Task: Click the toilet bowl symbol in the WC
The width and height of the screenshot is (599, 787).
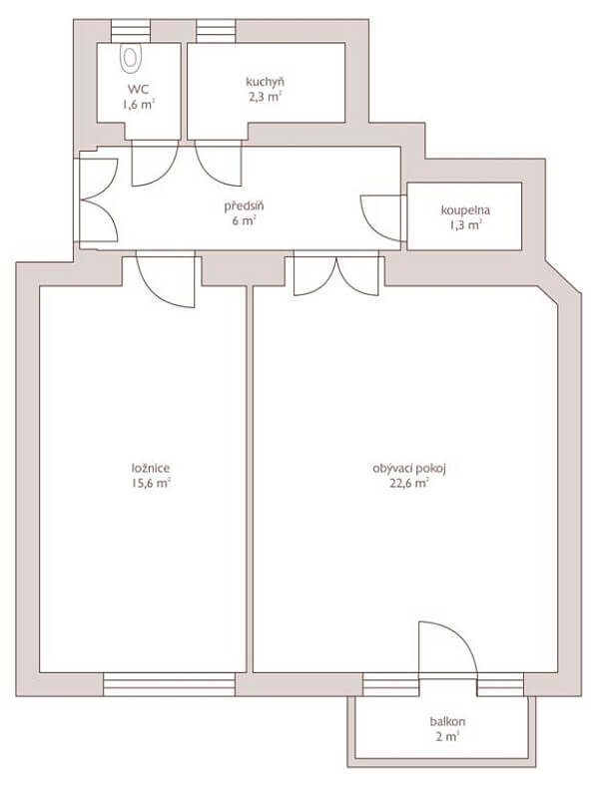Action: click(131, 57)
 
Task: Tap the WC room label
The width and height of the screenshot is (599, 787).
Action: click(138, 90)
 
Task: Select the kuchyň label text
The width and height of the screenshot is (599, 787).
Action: click(265, 82)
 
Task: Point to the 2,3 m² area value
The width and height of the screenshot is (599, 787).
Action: click(265, 97)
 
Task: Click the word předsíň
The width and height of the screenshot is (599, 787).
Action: click(245, 205)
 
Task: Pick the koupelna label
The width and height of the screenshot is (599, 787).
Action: click(465, 210)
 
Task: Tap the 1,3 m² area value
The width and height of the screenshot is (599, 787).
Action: click(465, 225)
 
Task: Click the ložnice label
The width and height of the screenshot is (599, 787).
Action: click(151, 468)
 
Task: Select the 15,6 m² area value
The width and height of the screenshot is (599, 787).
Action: click(151, 484)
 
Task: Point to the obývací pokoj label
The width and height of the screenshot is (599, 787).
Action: click(409, 469)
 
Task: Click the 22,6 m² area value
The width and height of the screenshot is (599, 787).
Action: click(409, 484)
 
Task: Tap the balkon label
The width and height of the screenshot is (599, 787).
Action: click(447, 722)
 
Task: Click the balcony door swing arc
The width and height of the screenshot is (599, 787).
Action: click(460, 636)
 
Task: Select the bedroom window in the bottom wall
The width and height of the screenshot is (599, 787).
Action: click(169, 684)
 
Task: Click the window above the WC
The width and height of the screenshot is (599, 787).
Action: click(131, 31)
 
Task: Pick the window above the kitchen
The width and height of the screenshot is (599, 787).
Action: click(216, 31)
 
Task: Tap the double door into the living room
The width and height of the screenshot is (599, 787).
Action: click(336, 275)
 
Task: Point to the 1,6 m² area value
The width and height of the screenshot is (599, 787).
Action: click(138, 105)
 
